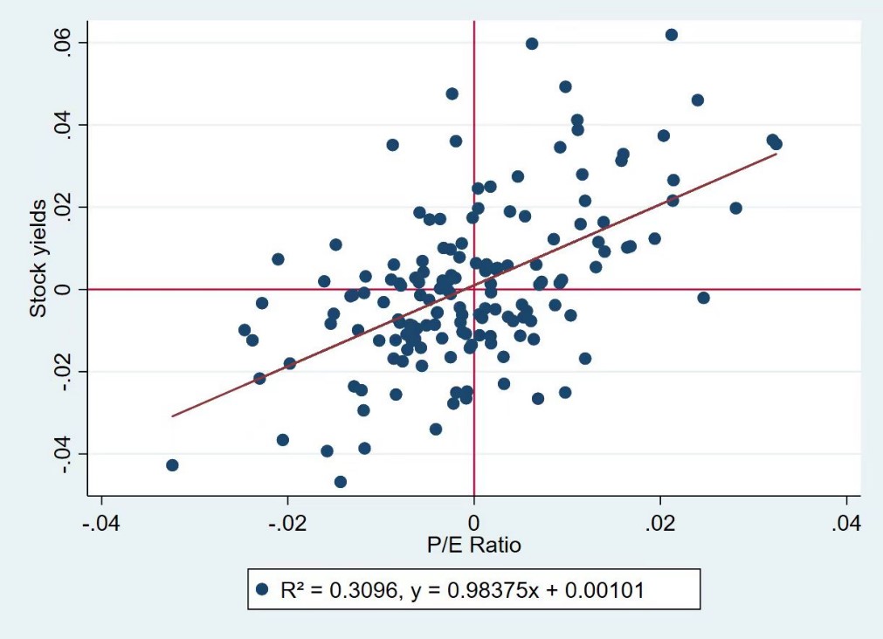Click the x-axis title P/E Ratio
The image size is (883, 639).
click(x=473, y=546)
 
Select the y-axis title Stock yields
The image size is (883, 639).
click(x=38, y=248)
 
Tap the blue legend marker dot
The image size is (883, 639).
click(x=261, y=590)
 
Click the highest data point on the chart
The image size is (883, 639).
click(x=672, y=35)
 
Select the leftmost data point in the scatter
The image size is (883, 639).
click(x=172, y=465)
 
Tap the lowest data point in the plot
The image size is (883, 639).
click(x=341, y=482)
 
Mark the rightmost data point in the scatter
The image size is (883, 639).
click(x=776, y=144)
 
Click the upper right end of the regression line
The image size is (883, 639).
click(x=776, y=154)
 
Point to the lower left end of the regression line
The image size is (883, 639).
click(x=172, y=416)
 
